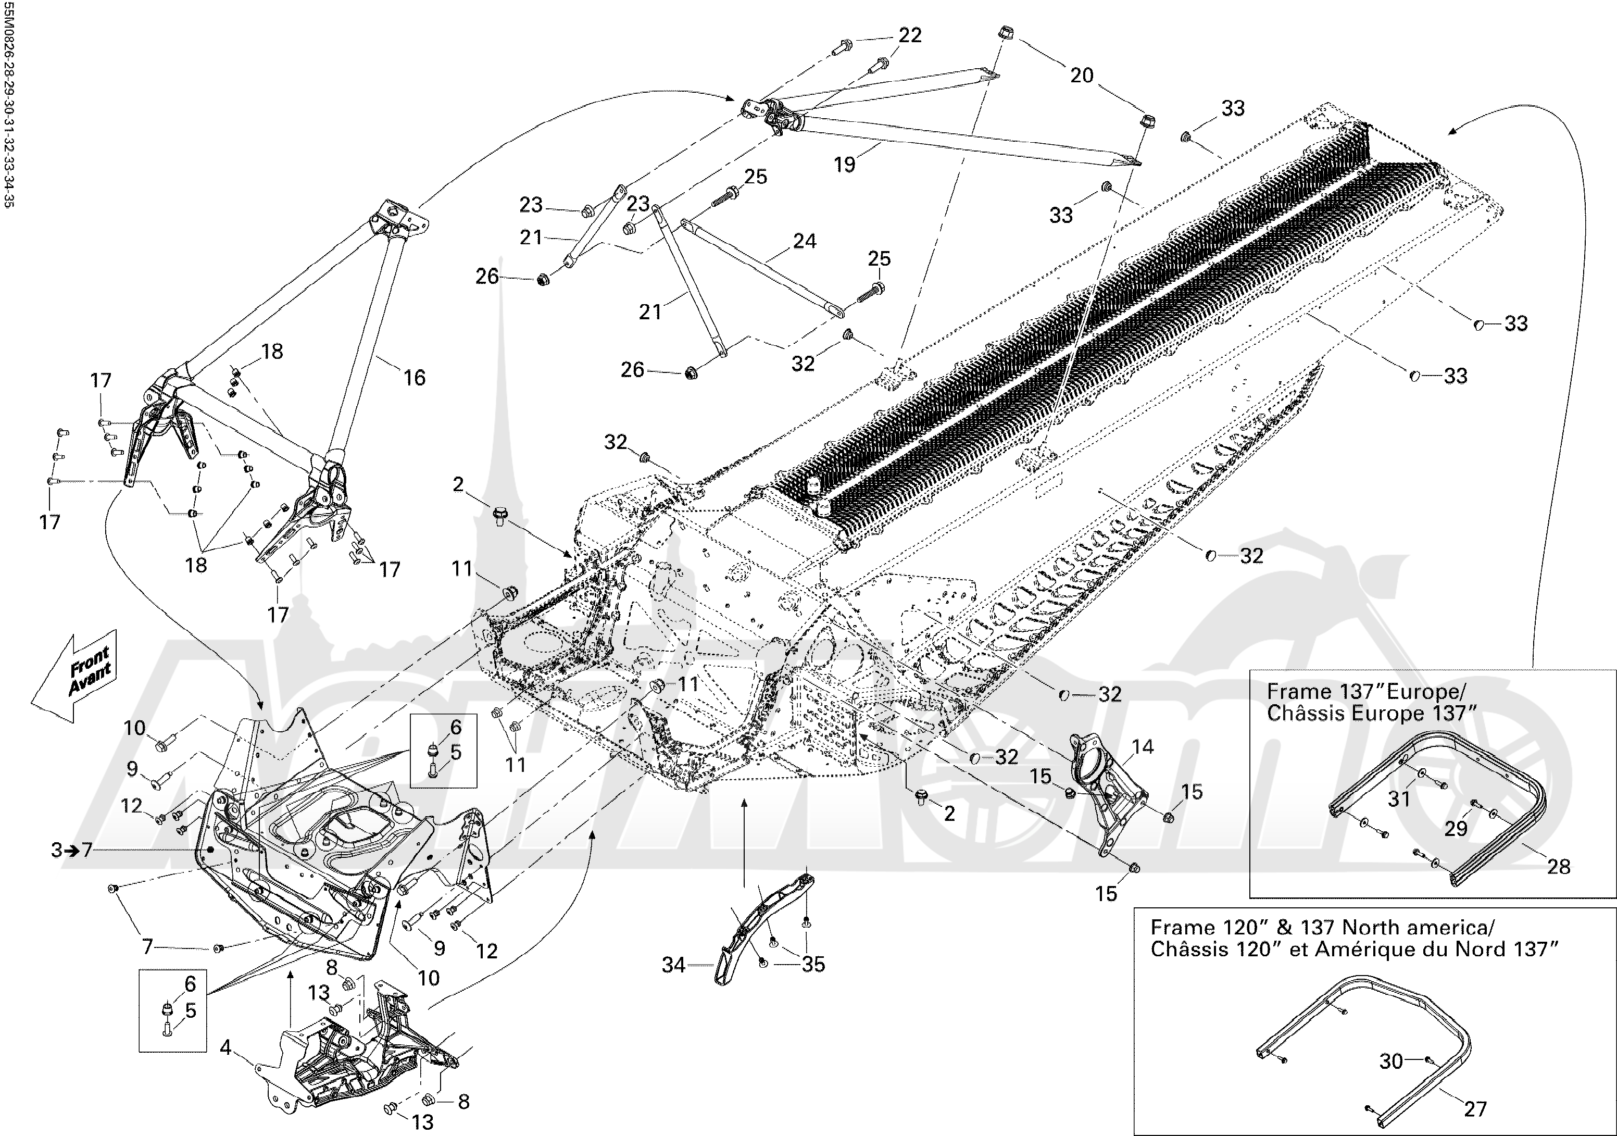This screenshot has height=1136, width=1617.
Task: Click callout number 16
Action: [414, 378]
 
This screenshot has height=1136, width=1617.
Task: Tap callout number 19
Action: [844, 164]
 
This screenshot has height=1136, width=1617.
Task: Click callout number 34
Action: [673, 965]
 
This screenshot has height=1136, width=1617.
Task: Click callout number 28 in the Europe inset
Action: [1559, 866]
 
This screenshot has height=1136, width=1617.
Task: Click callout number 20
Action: [1082, 76]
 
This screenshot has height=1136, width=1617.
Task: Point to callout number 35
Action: [813, 964]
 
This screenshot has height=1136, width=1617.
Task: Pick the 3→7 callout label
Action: [71, 850]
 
